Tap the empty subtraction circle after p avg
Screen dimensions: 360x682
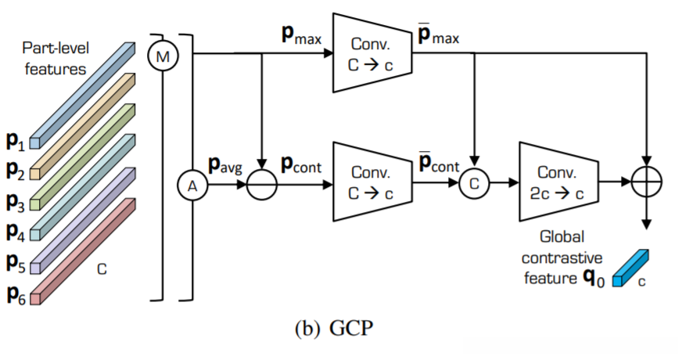tap(262, 185)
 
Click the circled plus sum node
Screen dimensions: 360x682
tap(646, 181)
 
